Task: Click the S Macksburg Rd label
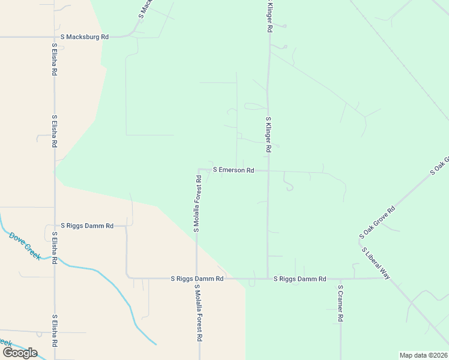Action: point(84,37)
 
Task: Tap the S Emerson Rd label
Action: point(234,170)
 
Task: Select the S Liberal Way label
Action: point(376,263)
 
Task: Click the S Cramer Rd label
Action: point(340,303)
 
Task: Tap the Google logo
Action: point(20,352)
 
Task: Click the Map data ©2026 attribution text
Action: point(423,355)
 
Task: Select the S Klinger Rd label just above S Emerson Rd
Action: point(269,134)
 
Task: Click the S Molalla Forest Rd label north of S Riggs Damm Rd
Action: point(196,203)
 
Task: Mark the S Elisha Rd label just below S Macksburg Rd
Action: point(54,58)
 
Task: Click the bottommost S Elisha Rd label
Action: point(54,331)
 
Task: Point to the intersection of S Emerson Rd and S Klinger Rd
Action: point(268,171)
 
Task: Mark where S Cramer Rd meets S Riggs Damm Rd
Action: point(340,279)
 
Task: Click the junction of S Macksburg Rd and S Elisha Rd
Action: point(54,37)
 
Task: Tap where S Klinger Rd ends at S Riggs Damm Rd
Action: point(268,279)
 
